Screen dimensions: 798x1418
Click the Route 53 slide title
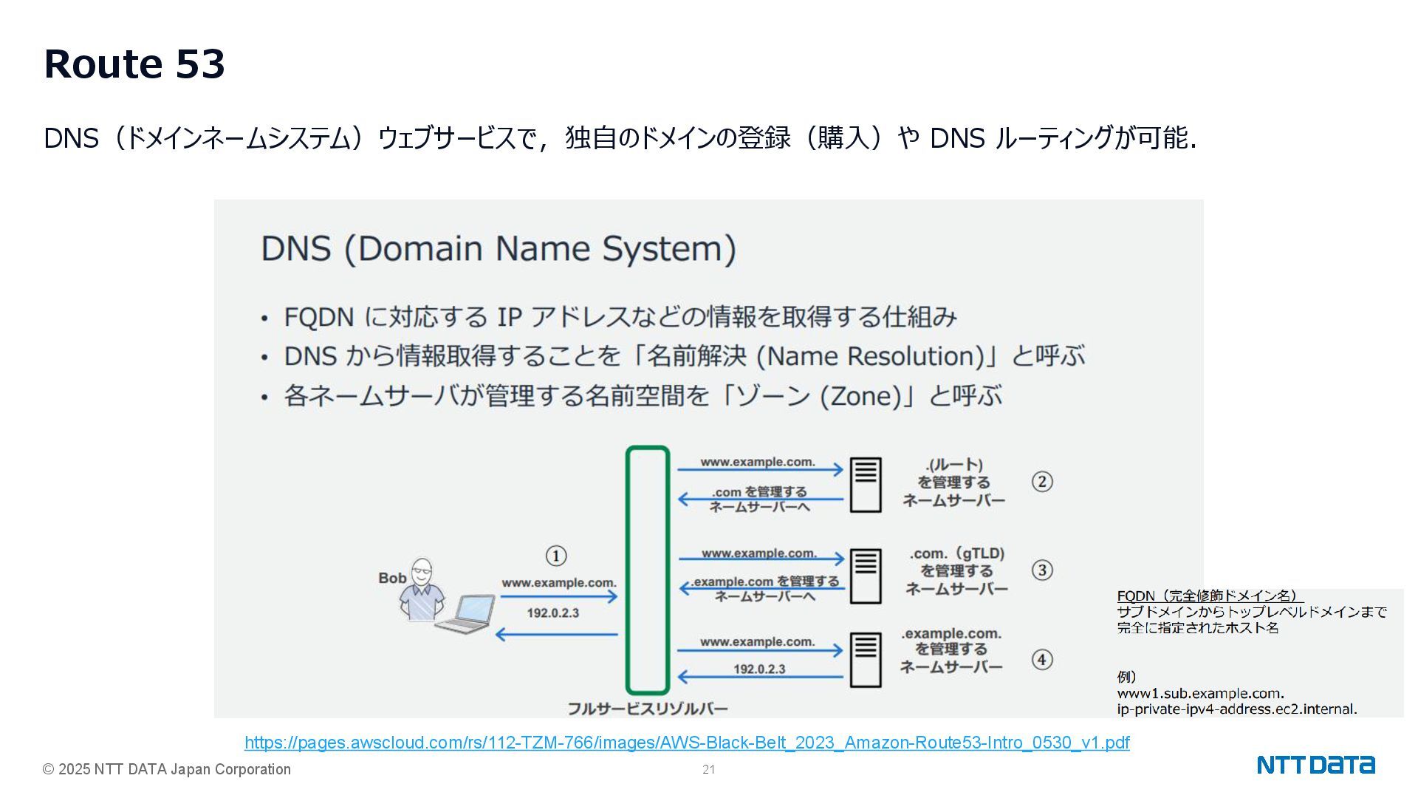(x=134, y=64)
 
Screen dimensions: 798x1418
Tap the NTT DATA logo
(x=1315, y=765)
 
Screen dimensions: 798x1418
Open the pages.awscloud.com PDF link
(x=686, y=743)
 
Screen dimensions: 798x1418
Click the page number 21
(x=708, y=770)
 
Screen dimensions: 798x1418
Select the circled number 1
(x=555, y=556)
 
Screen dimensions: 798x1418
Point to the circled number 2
(x=1041, y=482)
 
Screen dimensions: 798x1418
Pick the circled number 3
(x=1041, y=570)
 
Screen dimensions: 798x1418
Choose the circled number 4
(x=1041, y=660)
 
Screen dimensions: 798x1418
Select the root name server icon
(x=865, y=484)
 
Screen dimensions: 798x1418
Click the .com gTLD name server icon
(x=865, y=575)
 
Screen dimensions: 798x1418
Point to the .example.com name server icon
(x=865, y=659)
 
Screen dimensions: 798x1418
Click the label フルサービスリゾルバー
(x=647, y=709)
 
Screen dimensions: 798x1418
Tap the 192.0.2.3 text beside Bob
(x=552, y=613)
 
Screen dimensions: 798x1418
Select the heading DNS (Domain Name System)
(x=499, y=249)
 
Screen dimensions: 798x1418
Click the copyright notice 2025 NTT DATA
(x=167, y=770)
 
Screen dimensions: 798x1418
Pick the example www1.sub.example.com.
(x=1200, y=694)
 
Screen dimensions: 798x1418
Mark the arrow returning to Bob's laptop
(x=556, y=634)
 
